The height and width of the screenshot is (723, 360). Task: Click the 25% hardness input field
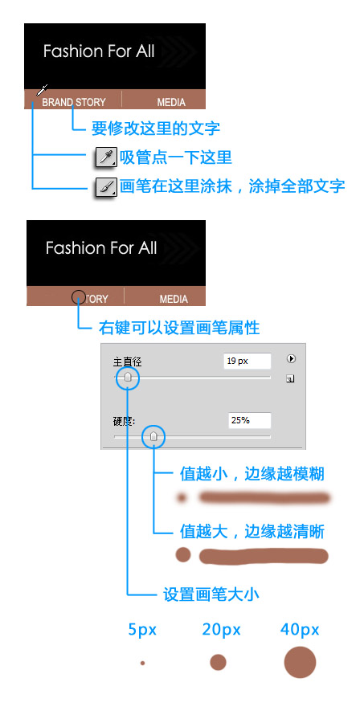click(249, 420)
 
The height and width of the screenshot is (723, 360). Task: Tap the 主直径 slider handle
click(128, 378)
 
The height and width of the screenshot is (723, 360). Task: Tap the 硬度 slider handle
click(154, 436)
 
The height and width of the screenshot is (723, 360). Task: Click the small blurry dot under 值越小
click(182, 497)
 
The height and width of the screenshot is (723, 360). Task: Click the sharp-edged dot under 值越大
click(183, 554)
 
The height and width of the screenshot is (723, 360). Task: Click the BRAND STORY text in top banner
click(74, 102)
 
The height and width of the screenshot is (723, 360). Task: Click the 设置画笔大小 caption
click(211, 594)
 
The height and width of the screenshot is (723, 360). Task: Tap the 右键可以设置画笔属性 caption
click(179, 328)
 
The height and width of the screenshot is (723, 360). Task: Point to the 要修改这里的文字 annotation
click(155, 128)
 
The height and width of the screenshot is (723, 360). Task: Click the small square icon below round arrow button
click(290, 379)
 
